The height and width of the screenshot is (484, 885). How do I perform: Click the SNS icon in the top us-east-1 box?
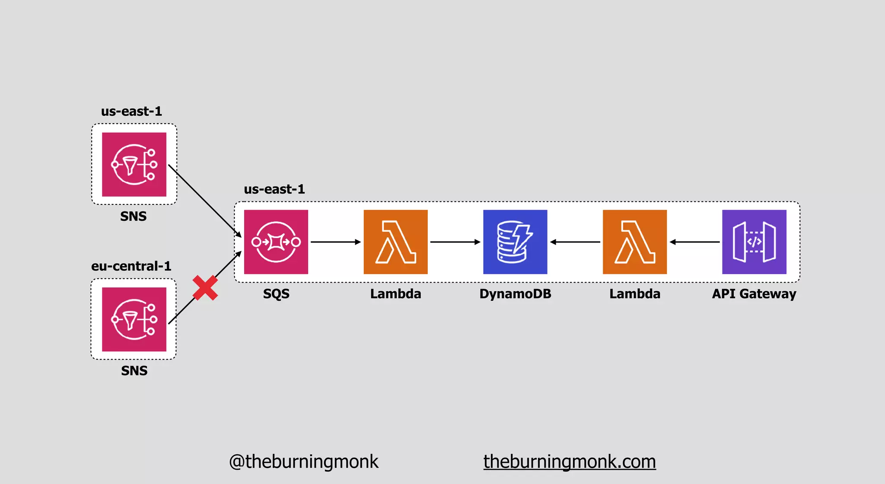[x=134, y=164]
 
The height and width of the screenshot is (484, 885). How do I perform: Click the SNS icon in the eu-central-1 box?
[x=134, y=319]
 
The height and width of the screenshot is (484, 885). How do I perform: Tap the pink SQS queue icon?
[x=276, y=242]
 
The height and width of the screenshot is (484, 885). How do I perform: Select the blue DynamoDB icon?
[x=515, y=242]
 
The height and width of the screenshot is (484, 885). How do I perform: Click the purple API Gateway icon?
[x=754, y=242]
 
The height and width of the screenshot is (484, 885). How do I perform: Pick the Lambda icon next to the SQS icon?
[x=395, y=242]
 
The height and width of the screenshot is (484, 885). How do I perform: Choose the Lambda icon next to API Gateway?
[x=634, y=242]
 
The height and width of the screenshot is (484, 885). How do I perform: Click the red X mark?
[x=205, y=288]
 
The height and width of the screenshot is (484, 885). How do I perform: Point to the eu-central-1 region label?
[x=131, y=266]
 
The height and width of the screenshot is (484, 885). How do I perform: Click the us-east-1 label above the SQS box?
[x=274, y=189]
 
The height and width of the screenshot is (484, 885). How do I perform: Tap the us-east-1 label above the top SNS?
[x=131, y=111]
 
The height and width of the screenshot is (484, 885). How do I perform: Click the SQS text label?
[x=276, y=294]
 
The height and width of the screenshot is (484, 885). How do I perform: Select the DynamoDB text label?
[x=515, y=294]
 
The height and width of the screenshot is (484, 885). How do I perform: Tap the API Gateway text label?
[x=754, y=294]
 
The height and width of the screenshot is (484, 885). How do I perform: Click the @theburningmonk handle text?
[x=303, y=462]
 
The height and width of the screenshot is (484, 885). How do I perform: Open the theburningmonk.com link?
[x=570, y=462]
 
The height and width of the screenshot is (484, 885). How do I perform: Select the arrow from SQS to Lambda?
[x=335, y=242]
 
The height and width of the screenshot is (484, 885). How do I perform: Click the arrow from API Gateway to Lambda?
[x=694, y=242]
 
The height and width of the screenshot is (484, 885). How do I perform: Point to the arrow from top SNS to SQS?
[x=204, y=201]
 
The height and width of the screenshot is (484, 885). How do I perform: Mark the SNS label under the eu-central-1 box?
[x=134, y=371]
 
